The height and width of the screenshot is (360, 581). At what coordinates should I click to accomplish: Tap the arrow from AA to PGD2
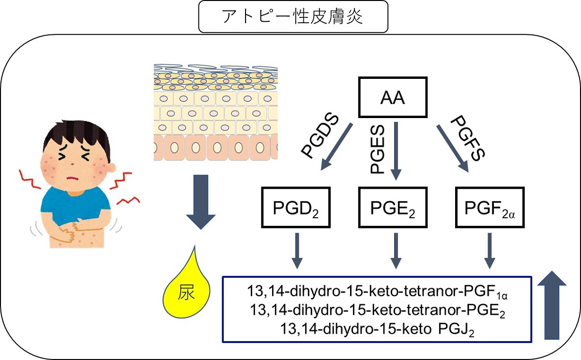[336, 148]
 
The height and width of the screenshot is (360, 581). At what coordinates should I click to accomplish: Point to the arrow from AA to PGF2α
[453, 148]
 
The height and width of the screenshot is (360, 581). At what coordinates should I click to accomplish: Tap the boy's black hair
[77, 131]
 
